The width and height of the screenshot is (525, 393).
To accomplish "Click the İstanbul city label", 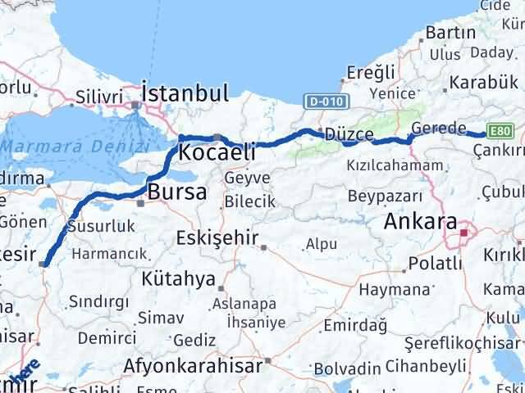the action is pos(185,93).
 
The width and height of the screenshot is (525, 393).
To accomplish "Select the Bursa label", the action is pos(177,192).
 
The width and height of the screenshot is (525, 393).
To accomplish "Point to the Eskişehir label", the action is pos(217,238).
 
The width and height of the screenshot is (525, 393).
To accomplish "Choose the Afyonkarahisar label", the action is pos(194,364).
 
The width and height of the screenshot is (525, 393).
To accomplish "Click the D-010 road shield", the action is pos(326,102).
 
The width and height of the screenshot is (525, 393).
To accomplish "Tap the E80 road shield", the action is pos(500,130).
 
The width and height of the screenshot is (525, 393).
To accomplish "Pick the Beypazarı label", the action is pos(385,196).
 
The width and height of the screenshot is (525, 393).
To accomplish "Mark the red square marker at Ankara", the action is pos(464,233).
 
